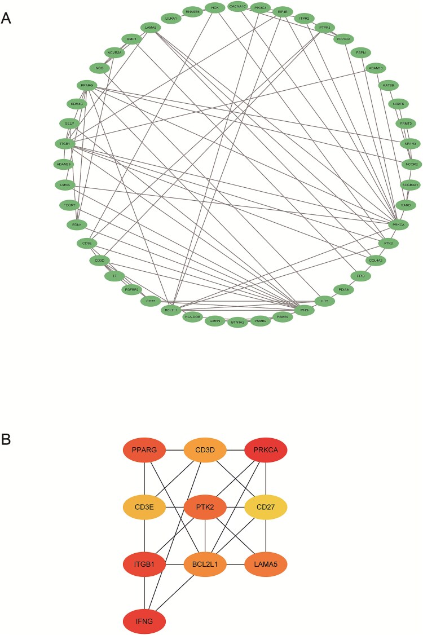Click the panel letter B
6,439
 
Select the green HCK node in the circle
215,7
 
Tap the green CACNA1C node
237,7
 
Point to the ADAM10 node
376,68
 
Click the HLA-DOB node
193,317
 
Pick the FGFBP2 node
131,289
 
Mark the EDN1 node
74,224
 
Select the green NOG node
100,68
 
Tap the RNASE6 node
193,11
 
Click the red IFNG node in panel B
144,621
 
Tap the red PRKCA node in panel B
266,451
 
